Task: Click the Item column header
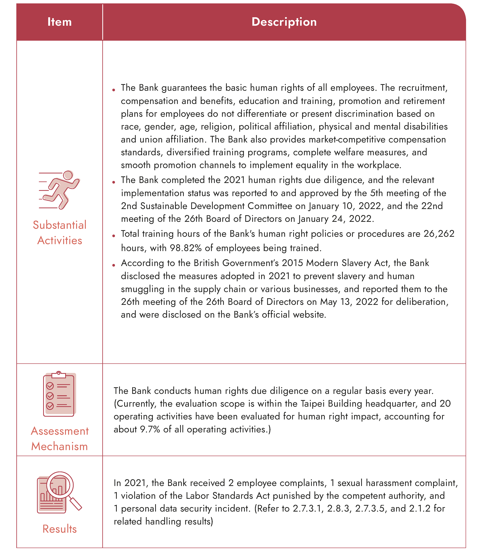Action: tap(59, 22)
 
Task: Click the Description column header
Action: tap(284, 22)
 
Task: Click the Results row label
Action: tap(59, 529)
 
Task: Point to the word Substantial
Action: tap(59, 225)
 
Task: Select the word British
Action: tap(206, 263)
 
